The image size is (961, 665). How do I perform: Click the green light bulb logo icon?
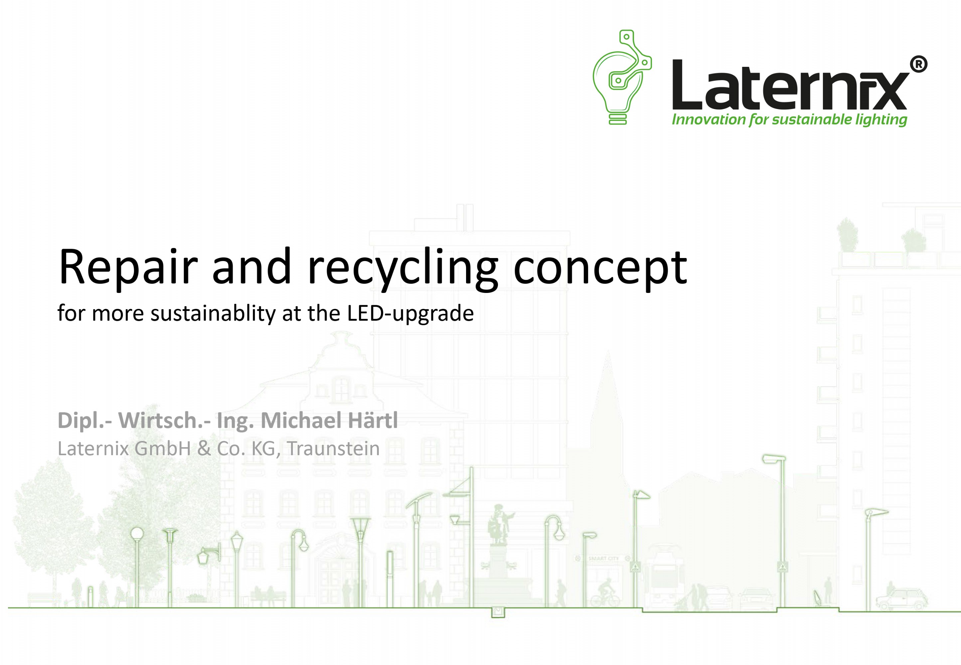click(x=621, y=77)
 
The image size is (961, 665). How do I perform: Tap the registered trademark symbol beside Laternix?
click(x=918, y=64)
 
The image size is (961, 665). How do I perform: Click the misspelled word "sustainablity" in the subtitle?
click(x=213, y=313)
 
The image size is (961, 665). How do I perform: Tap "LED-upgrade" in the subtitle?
click(x=410, y=313)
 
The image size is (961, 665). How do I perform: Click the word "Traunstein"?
click(x=333, y=449)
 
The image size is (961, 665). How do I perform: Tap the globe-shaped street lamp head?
click(x=137, y=533)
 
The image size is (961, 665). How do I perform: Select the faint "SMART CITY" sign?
click(x=603, y=558)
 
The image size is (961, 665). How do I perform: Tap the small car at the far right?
click(x=901, y=599)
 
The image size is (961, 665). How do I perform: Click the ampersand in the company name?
click(x=204, y=449)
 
